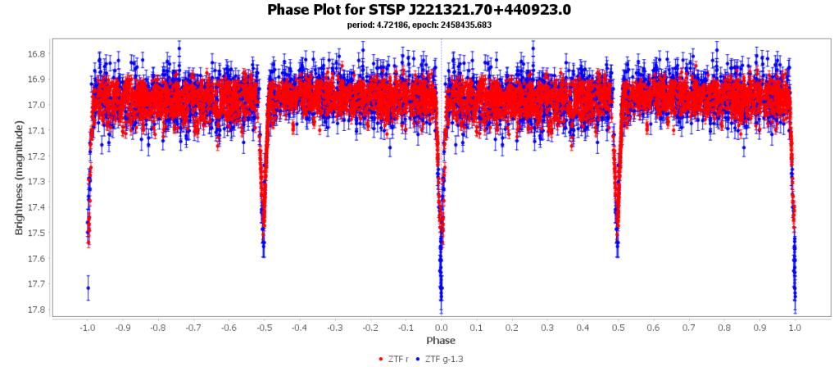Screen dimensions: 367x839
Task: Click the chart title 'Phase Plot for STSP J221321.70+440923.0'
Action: [x=419, y=10]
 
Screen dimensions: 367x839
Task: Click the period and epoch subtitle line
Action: [x=419, y=25]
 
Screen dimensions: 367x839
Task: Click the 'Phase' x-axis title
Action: [x=440, y=340]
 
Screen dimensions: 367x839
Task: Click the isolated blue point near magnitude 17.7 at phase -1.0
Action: [x=88, y=288]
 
